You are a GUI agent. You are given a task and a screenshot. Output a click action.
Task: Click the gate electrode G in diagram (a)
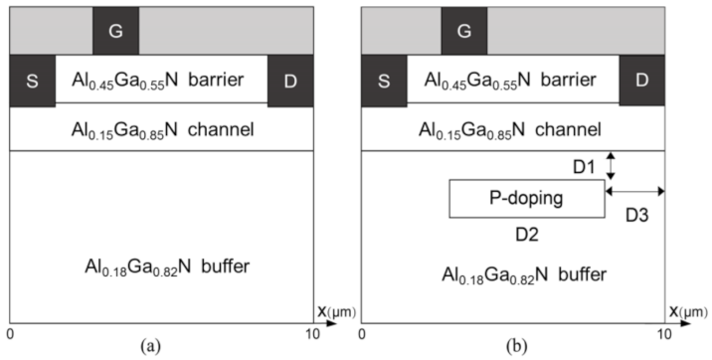pyautogui.click(x=115, y=31)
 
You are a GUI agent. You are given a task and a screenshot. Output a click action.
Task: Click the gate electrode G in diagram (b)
pyautogui.click(x=463, y=31)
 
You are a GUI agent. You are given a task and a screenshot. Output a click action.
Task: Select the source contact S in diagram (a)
pyautogui.click(x=32, y=80)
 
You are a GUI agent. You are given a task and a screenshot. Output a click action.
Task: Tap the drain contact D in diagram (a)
pyautogui.click(x=289, y=80)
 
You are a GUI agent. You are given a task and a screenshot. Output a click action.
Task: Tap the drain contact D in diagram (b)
pyautogui.click(x=641, y=80)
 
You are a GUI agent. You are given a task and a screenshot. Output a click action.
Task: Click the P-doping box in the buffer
pyautogui.click(x=527, y=198)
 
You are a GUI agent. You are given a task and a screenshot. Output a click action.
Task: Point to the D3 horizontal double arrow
pyautogui.click(x=634, y=190)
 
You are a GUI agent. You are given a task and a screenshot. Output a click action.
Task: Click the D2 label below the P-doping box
pyautogui.click(x=526, y=234)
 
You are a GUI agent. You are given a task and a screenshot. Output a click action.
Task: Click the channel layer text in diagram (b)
pyautogui.click(x=512, y=128)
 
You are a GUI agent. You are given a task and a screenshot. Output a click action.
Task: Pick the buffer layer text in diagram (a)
pyautogui.click(x=162, y=267)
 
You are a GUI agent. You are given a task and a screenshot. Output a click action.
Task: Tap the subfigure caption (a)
pyautogui.click(x=149, y=345)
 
